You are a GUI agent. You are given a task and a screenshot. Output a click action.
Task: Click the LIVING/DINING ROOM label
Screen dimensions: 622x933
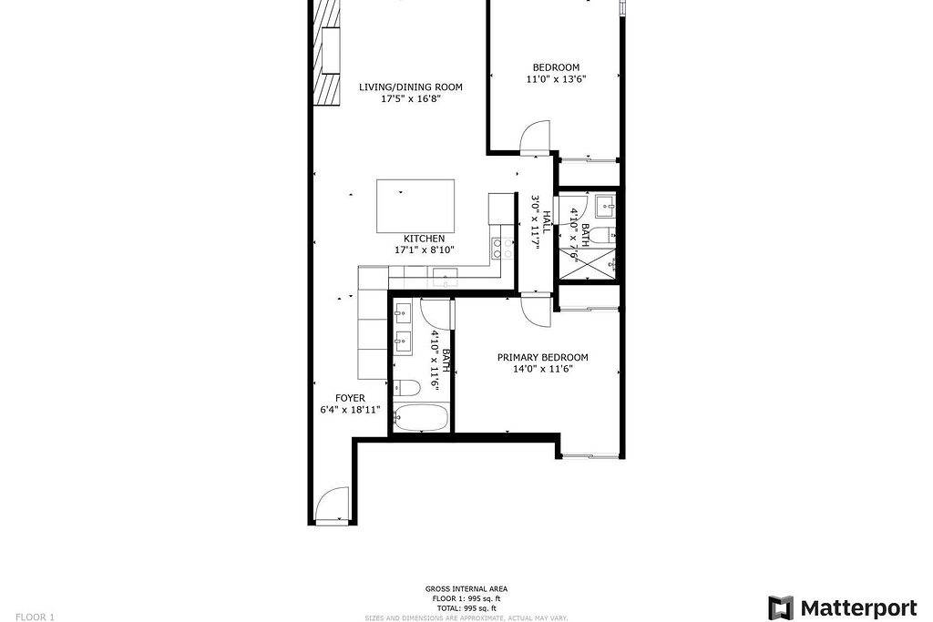410,87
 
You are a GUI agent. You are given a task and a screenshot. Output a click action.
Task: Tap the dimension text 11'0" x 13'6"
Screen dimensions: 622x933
556,79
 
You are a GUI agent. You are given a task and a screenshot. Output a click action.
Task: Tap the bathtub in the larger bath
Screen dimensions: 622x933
421,419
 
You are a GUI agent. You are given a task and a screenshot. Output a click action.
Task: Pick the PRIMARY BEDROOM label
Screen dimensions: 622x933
542,358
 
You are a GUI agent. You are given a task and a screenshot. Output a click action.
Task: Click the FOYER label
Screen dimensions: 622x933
350,398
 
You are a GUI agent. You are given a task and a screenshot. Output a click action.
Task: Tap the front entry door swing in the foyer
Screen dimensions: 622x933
332,505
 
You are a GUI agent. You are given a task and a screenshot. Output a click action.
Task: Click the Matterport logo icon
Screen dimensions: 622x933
780,607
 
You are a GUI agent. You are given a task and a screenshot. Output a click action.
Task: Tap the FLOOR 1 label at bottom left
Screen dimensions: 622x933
35,617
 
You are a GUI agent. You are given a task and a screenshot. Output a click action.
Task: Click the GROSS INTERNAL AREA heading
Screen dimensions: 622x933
466,589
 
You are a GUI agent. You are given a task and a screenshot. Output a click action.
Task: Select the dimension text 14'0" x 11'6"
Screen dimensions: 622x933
542,369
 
